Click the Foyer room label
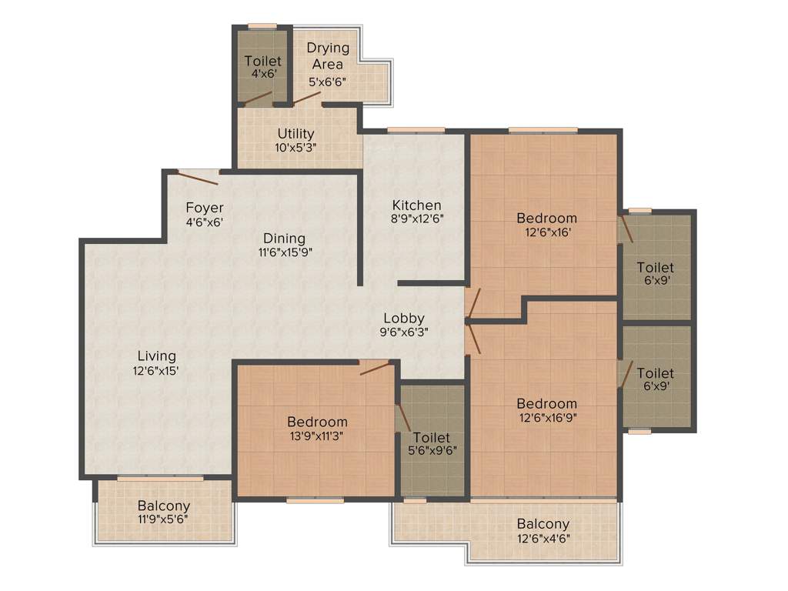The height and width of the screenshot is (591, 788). coord(205,208)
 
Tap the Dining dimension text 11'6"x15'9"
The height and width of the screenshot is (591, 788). coord(284,252)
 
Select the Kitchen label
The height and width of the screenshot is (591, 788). coord(416,205)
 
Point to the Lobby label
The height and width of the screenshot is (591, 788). coord(404,319)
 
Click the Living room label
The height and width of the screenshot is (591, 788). coord(156,356)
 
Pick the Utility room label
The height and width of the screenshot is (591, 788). coord(296,134)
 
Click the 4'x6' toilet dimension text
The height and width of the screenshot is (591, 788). coord(262,75)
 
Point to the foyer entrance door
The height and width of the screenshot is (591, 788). coord(198,177)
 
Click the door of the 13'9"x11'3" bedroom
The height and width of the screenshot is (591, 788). coord(375,367)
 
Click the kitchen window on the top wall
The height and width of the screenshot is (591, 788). coord(416,129)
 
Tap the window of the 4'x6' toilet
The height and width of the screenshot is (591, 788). coord(262,27)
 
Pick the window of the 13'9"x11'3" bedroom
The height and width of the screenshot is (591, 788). coord(315,500)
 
